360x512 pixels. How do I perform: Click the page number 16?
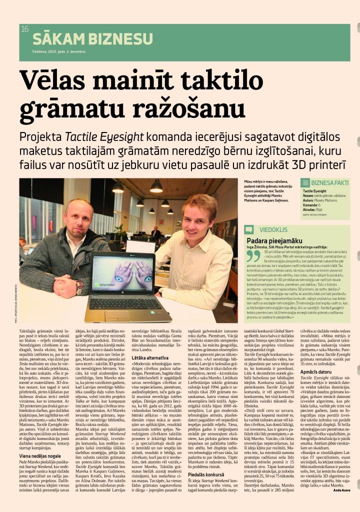25,29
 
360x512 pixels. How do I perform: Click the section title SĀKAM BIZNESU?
92,39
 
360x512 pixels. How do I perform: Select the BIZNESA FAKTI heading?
329,183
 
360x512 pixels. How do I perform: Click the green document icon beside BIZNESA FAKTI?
305,183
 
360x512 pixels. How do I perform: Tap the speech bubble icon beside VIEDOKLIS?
249,229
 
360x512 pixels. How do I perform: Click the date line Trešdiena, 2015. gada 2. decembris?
59,51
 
